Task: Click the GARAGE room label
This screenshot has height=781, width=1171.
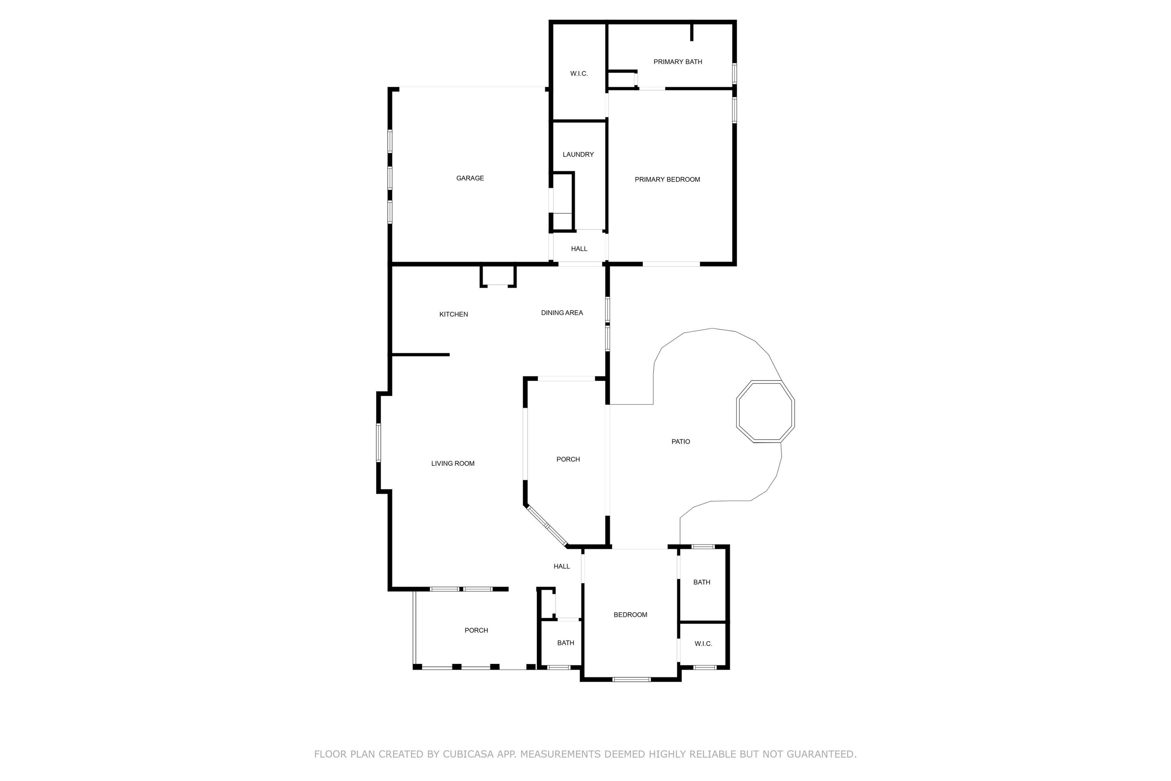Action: click(x=470, y=178)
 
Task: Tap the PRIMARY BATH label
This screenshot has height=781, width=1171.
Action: click(x=678, y=62)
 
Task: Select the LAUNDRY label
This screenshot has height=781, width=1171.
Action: click(x=578, y=154)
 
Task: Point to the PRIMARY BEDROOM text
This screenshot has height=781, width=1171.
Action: click(x=667, y=179)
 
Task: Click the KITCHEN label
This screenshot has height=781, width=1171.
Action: click(x=454, y=314)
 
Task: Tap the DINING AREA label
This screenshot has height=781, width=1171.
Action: click(x=562, y=313)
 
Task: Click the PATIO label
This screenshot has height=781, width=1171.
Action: click(x=681, y=441)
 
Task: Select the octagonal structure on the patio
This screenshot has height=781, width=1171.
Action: click(x=765, y=412)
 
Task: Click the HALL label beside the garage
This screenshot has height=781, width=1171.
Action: click(x=579, y=248)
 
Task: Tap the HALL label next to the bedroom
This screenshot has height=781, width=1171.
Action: click(x=562, y=566)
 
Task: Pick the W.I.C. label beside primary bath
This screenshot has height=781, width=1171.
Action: click(x=579, y=74)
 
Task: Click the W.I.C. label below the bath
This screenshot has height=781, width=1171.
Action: click(x=703, y=644)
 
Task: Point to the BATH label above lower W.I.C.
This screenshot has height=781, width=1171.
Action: click(x=701, y=582)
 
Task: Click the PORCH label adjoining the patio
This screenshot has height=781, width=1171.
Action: click(x=568, y=459)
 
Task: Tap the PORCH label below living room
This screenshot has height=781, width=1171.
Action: click(x=476, y=630)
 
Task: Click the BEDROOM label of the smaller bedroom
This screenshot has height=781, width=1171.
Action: click(x=630, y=615)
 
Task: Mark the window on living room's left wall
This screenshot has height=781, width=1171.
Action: click(x=378, y=442)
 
